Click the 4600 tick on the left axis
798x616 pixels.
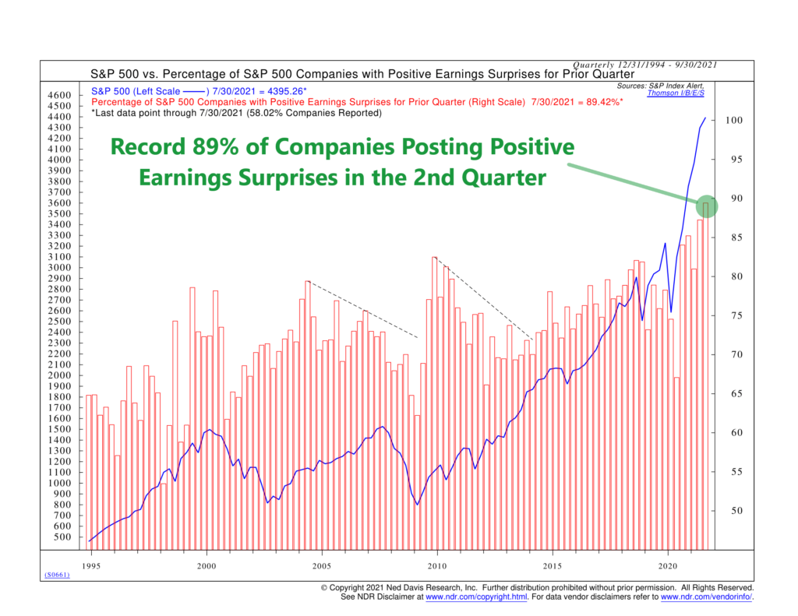tap(60, 95)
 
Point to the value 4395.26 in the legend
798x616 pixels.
tap(281, 91)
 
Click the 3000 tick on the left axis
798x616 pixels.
tap(60, 268)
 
